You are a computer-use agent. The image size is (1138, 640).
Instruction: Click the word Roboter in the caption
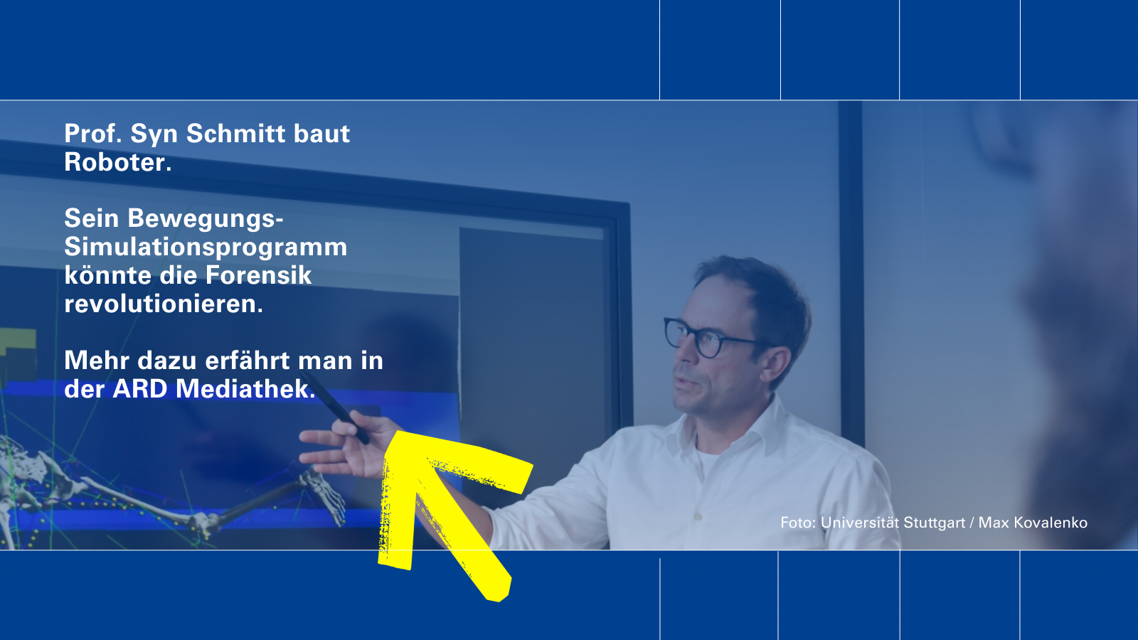pyautogui.click(x=117, y=162)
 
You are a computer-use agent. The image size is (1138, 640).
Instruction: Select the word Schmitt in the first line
pyautogui.click(x=236, y=133)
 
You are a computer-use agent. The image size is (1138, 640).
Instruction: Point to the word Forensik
pyautogui.click(x=258, y=275)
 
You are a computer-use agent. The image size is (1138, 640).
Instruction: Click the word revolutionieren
pyautogui.click(x=164, y=304)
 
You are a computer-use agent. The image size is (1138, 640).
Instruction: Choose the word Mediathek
pyautogui.click(x=245, y=388)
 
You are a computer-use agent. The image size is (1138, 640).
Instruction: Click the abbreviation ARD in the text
pyautogui.click(x=139, y=389)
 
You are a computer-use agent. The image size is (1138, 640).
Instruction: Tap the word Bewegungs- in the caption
pyautogui.click(x=206, y=218)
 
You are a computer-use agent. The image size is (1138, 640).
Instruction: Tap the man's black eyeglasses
pyautogui.click(x=711, y=338)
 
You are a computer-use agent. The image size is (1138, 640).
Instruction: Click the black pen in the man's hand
pyautogui.click(x=334, y=407)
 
